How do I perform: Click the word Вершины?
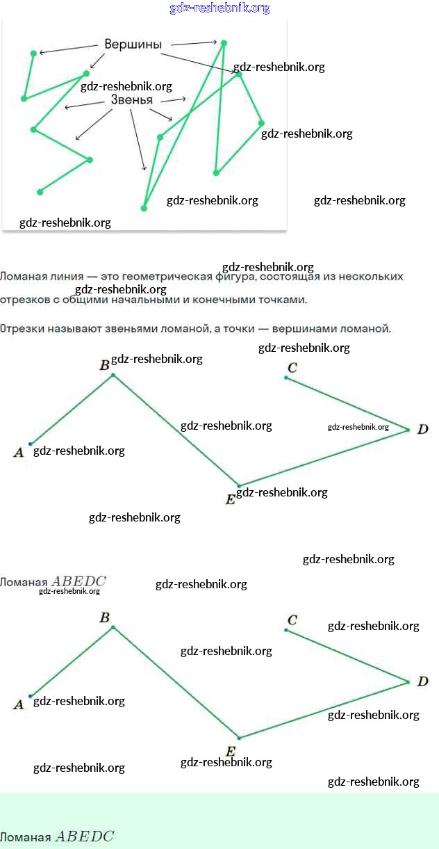point(133,45)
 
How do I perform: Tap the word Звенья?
point(131,100)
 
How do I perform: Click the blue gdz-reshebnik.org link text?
point(219,8)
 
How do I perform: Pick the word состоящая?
point(282,277)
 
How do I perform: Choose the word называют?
point(72,328)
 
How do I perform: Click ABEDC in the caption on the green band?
point(83,836)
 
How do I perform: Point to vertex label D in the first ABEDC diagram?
point(422,430)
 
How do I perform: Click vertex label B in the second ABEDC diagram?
point(105,617)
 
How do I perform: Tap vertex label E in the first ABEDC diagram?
point(231,499)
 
